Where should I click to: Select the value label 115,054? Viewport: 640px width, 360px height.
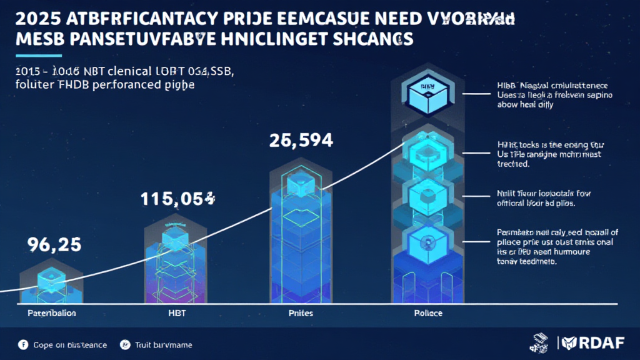(176, 199)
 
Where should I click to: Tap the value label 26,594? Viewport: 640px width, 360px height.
(300, 142)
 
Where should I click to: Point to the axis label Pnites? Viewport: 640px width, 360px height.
(300, 312)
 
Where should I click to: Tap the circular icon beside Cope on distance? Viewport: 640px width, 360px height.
(24, 345)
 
